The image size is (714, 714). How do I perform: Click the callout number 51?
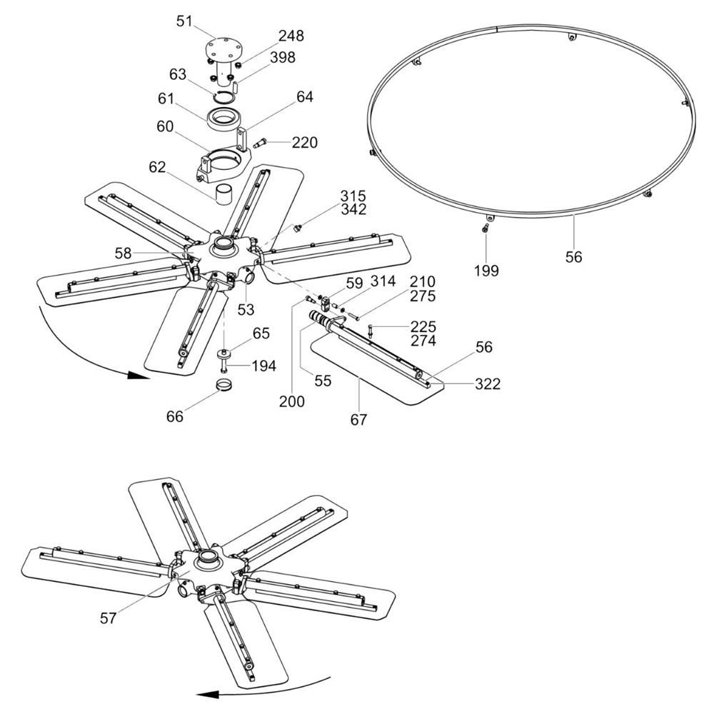tap(184, 21)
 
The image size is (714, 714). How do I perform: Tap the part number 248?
tap(291, 36)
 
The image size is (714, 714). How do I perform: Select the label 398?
tap(282, 57)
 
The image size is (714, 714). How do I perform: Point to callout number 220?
tap(304, 143)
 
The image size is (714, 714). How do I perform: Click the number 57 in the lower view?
tap(109, 618)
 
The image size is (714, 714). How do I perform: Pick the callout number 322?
tap(487, 384)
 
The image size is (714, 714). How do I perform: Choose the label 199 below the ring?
tap(486, 271)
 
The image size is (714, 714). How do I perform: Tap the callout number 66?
tap(175, 416)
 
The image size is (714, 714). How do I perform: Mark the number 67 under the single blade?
tap(358, 419)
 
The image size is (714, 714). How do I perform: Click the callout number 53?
tap(246, 310)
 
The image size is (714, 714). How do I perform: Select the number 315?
tap(353, 196)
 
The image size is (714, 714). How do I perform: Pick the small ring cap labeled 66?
tap(224, 384)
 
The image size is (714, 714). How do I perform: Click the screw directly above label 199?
tap(486, 228)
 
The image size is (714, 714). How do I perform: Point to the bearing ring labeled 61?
tap(223, 120)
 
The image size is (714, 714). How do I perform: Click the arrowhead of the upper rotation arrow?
tap(138, 376)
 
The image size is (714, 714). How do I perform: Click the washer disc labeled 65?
tap(224, 353)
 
